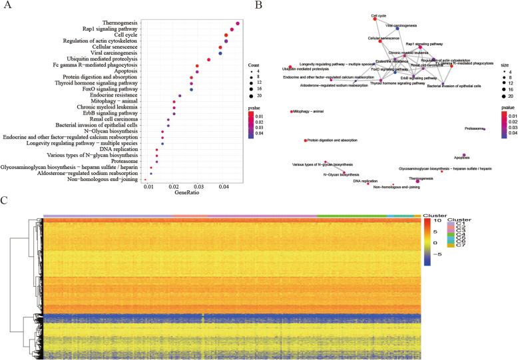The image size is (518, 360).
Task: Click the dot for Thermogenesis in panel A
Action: pos(238,23)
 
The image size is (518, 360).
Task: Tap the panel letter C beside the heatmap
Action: pos(5,200)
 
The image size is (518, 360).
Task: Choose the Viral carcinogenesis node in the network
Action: pos(397,29)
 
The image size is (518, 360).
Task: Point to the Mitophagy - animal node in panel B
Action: pos(292,112)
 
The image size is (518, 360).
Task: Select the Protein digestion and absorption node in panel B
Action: pos(305,140)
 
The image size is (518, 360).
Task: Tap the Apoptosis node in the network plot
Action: pos(463,154)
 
